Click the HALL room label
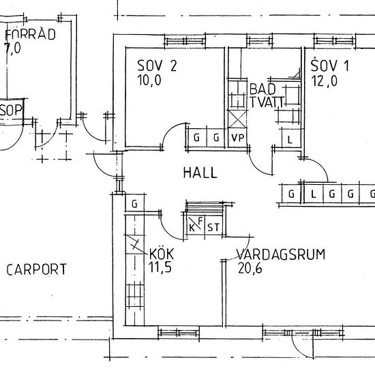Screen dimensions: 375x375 pyautogui.click(x=200, y=172)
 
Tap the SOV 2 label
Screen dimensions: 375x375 pyautogui.click(x=157, y=65)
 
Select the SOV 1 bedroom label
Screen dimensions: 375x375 pyautogui.click(x=330, y=65)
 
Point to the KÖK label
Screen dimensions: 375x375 pyautogui.click(x=162, y=254)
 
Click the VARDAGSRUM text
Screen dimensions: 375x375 pyautogui.click(x=281, y=254)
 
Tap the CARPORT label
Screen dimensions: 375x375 pyautogui.click(x=36, y=269)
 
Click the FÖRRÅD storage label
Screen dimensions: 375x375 pyautogui.click(x=30, y=34)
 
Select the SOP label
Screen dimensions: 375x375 pyautogui.click(x=11, y=110)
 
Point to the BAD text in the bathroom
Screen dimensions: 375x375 pyautogui.click(x=262, y=89)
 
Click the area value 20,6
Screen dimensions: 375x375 pyautogui.click(x=250, y=268)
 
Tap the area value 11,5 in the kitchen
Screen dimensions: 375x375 pyautogui.click(x=160, y=267)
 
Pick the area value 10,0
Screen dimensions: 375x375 pyautogui.click(x=149, y=80)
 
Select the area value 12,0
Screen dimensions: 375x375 pyautogui.click(x=324, y=80)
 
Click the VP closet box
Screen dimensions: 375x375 pyautogui.click(x=237, y=138)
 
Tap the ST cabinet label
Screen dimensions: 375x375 pyautogui.click(x=213, y=228)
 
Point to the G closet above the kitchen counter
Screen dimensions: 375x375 pyautogui.click(x=134, y=204)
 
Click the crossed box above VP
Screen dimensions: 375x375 pyautogui.click(x=237, y=119)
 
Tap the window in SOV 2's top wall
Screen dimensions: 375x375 pyautogui.click(x=185, y=41)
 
